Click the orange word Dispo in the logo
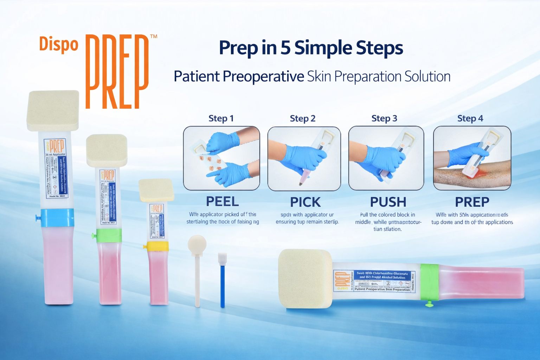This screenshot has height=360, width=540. click(x=58, y=45)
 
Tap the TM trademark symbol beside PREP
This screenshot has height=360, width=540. click(x=153, y=36)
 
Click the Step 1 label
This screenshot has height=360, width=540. click(x=221, y=118)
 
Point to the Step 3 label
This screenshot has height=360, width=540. click(x=384, y=118)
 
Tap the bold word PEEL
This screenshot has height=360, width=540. click(x=222, y=201)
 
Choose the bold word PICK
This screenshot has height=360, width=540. click(x=305, y=202)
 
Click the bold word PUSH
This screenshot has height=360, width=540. click(x=388, y=202)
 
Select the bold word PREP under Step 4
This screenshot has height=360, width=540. click(x=472, y=202)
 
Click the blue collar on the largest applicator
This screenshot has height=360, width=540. click(x=57, y=218)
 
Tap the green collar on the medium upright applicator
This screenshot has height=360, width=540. click(x=109, y=236)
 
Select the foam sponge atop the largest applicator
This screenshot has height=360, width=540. click(x=53, y=110)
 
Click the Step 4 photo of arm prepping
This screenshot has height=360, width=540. click(x=472, y=158)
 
